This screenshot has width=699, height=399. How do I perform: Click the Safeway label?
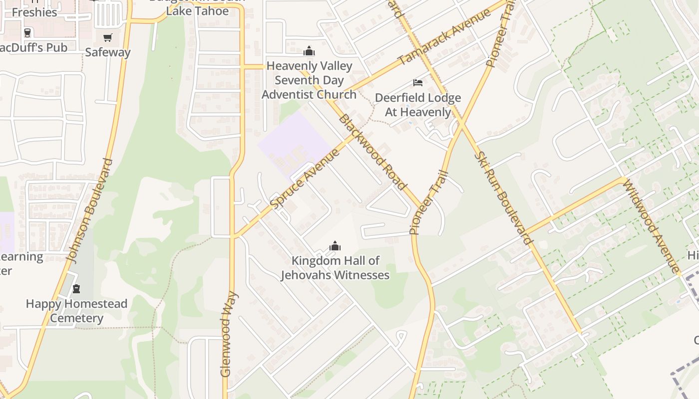pos(107,52)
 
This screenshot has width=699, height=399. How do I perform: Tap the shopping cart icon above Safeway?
pos(107,38)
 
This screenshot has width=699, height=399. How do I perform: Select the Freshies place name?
pos(34,12)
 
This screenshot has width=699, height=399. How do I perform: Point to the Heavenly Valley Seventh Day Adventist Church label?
pos(309,80)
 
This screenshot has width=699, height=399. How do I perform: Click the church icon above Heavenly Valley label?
pos(309,51)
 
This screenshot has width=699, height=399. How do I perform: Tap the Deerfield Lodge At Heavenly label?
pos(418,105)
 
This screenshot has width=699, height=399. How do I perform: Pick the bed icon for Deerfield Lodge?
pos(418,82)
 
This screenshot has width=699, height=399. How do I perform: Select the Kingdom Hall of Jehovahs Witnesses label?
pos(335,268)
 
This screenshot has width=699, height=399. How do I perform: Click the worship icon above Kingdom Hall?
pos(335,246)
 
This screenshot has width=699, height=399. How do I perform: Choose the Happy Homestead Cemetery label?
pos(76,311)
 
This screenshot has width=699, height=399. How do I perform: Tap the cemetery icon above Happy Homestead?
pos(76,289)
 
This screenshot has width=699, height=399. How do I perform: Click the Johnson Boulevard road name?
pos(89,211)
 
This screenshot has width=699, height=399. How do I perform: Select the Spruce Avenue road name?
pos(305,179)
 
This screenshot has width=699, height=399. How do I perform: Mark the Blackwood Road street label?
pos(372,152)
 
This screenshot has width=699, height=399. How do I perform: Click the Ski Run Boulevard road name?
pos(503,198)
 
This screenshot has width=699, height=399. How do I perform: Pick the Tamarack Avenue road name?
pos(444,37)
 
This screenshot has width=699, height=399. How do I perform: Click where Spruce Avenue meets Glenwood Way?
pos(233,236)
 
